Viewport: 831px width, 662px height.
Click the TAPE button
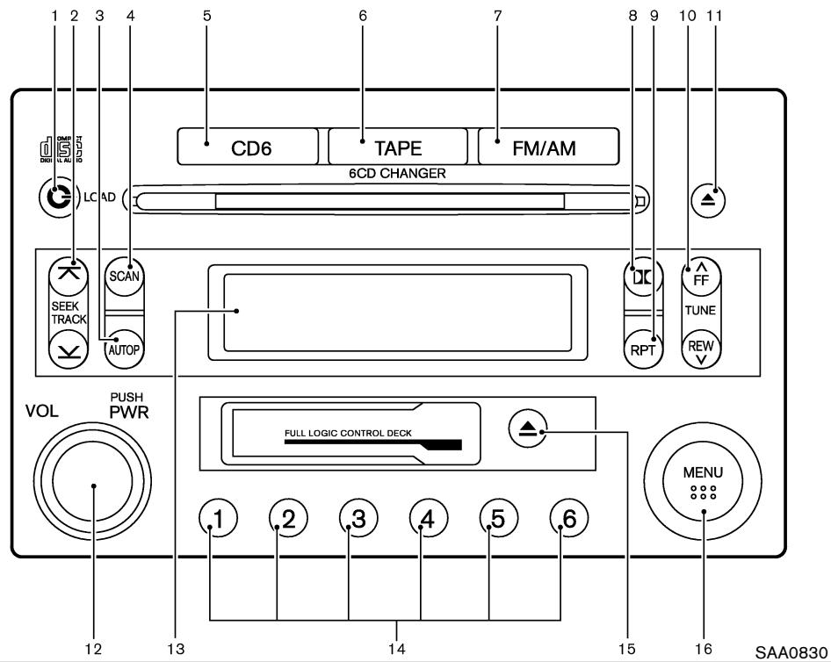(398, 147)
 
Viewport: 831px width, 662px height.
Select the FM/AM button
(548, 147)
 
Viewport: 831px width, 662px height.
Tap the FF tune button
(701, 274)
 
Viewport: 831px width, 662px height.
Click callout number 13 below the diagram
(175, 649)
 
